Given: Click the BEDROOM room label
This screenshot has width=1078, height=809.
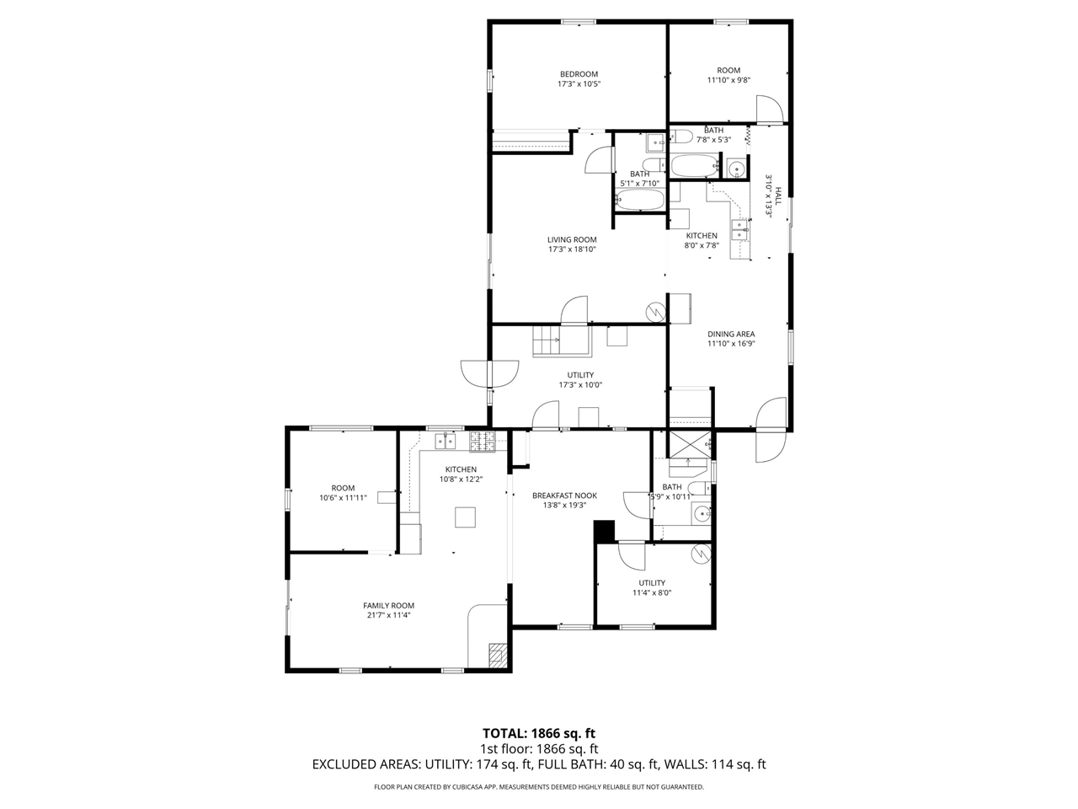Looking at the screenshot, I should [579, 74].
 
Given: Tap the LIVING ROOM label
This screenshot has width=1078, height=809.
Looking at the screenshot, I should [572, 239].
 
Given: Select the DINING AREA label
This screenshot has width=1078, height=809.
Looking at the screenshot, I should [730, 334].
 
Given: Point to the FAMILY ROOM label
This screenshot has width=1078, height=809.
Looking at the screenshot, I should [388, 605].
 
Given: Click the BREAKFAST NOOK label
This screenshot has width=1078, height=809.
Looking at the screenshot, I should [564, 496].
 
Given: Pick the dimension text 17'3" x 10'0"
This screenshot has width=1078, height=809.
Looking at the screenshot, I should [580, 385].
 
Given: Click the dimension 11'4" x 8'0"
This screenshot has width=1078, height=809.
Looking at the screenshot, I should [651, 592].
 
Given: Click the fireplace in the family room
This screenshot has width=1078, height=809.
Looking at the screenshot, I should [499, 656].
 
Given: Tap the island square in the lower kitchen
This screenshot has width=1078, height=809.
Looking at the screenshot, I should [465, 517].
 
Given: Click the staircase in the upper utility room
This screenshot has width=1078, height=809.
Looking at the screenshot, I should [547, 341].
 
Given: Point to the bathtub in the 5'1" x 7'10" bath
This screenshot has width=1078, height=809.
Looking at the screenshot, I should [640, 200].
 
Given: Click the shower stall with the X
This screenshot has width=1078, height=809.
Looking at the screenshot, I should [688, 443].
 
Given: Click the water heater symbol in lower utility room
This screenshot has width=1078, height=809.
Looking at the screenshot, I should [700, 554].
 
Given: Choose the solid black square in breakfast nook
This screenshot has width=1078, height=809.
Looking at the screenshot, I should [604, 531].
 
